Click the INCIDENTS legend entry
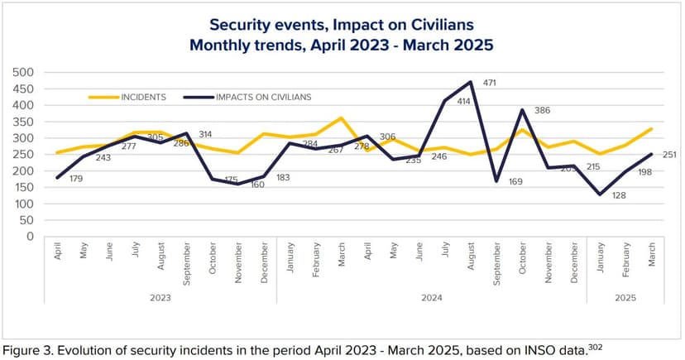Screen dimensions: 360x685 click(143, 97)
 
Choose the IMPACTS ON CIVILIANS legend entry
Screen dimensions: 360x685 click(263, 97)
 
